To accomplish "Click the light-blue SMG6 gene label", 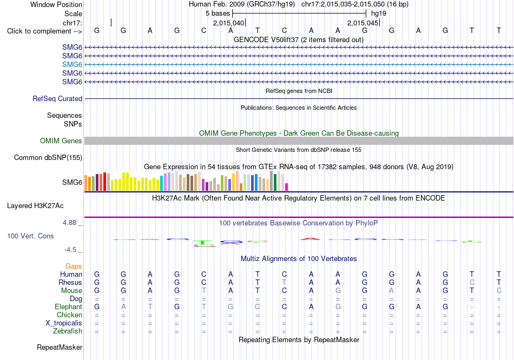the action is [72, 64].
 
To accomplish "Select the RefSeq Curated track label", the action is [57, 98].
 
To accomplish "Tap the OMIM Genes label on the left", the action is [61, 141].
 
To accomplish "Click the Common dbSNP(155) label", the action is [48, 157].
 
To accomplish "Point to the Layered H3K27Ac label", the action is [35, 206].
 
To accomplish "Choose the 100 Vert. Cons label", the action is [30, 236].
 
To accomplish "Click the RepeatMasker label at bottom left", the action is [60, 347].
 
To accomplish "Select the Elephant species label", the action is [69, 307].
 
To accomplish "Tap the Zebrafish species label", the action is [68, 331].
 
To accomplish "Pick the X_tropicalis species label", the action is [64, 323].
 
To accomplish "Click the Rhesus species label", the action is [70, 282].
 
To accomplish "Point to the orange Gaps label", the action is [74, 266].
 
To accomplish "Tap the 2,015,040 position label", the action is [228, 23].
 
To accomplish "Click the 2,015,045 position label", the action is [363, 23].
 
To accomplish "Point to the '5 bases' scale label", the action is [218, 14].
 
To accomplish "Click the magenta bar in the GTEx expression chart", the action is [287, 187].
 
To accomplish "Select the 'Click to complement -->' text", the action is [44, 31].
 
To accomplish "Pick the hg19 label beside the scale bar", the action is [379, 14].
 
